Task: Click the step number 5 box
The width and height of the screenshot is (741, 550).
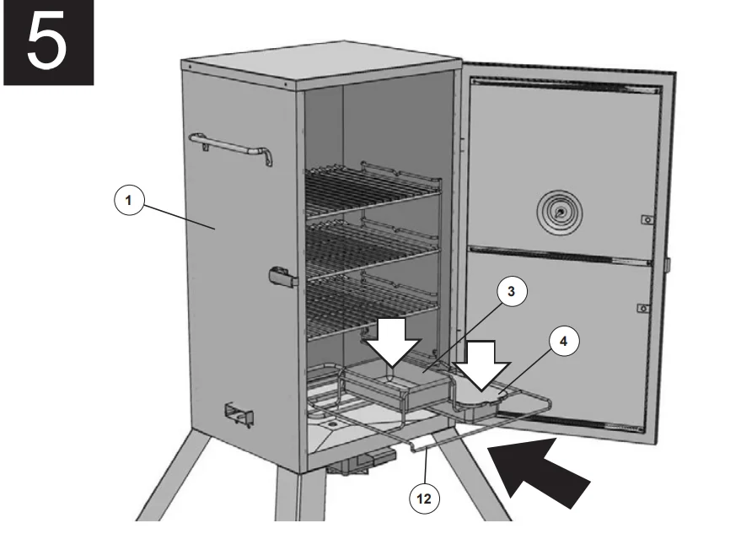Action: [46, 42]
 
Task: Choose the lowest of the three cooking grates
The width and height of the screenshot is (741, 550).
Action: [371, 304]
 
